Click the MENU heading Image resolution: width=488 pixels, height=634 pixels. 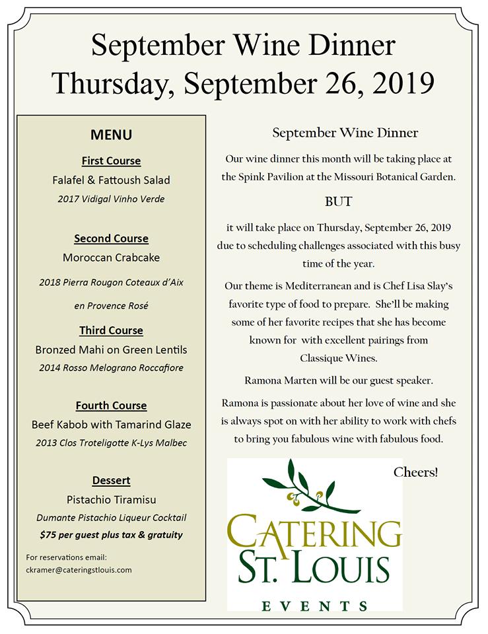pos(111,135)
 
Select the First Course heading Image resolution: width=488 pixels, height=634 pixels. pos(111,160)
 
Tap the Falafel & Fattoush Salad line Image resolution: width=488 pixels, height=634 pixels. pos(111,180)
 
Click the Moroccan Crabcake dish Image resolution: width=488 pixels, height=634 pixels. pos(111,257)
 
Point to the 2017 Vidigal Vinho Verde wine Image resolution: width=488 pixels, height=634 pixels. pos(111,199)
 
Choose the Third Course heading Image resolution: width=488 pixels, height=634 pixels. pos(111,330)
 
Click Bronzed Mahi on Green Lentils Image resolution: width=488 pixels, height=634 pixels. pos(111,349)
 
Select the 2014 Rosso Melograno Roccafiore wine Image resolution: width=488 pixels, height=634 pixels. pos(111,368)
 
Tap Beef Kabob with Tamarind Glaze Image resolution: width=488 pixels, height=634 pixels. pos(111,425)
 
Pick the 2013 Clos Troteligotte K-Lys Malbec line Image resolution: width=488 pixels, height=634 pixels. pos(111,443)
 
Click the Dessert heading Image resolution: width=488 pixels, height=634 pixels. pos(111,480)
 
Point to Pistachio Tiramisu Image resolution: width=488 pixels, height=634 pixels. pos(111,499)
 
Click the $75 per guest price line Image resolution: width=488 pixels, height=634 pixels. pos(111,534)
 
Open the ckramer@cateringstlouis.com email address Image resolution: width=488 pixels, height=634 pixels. pos(79,569)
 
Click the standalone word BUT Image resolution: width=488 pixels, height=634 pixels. pos(338,201)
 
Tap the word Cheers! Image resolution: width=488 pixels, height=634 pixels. pos(415,472)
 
